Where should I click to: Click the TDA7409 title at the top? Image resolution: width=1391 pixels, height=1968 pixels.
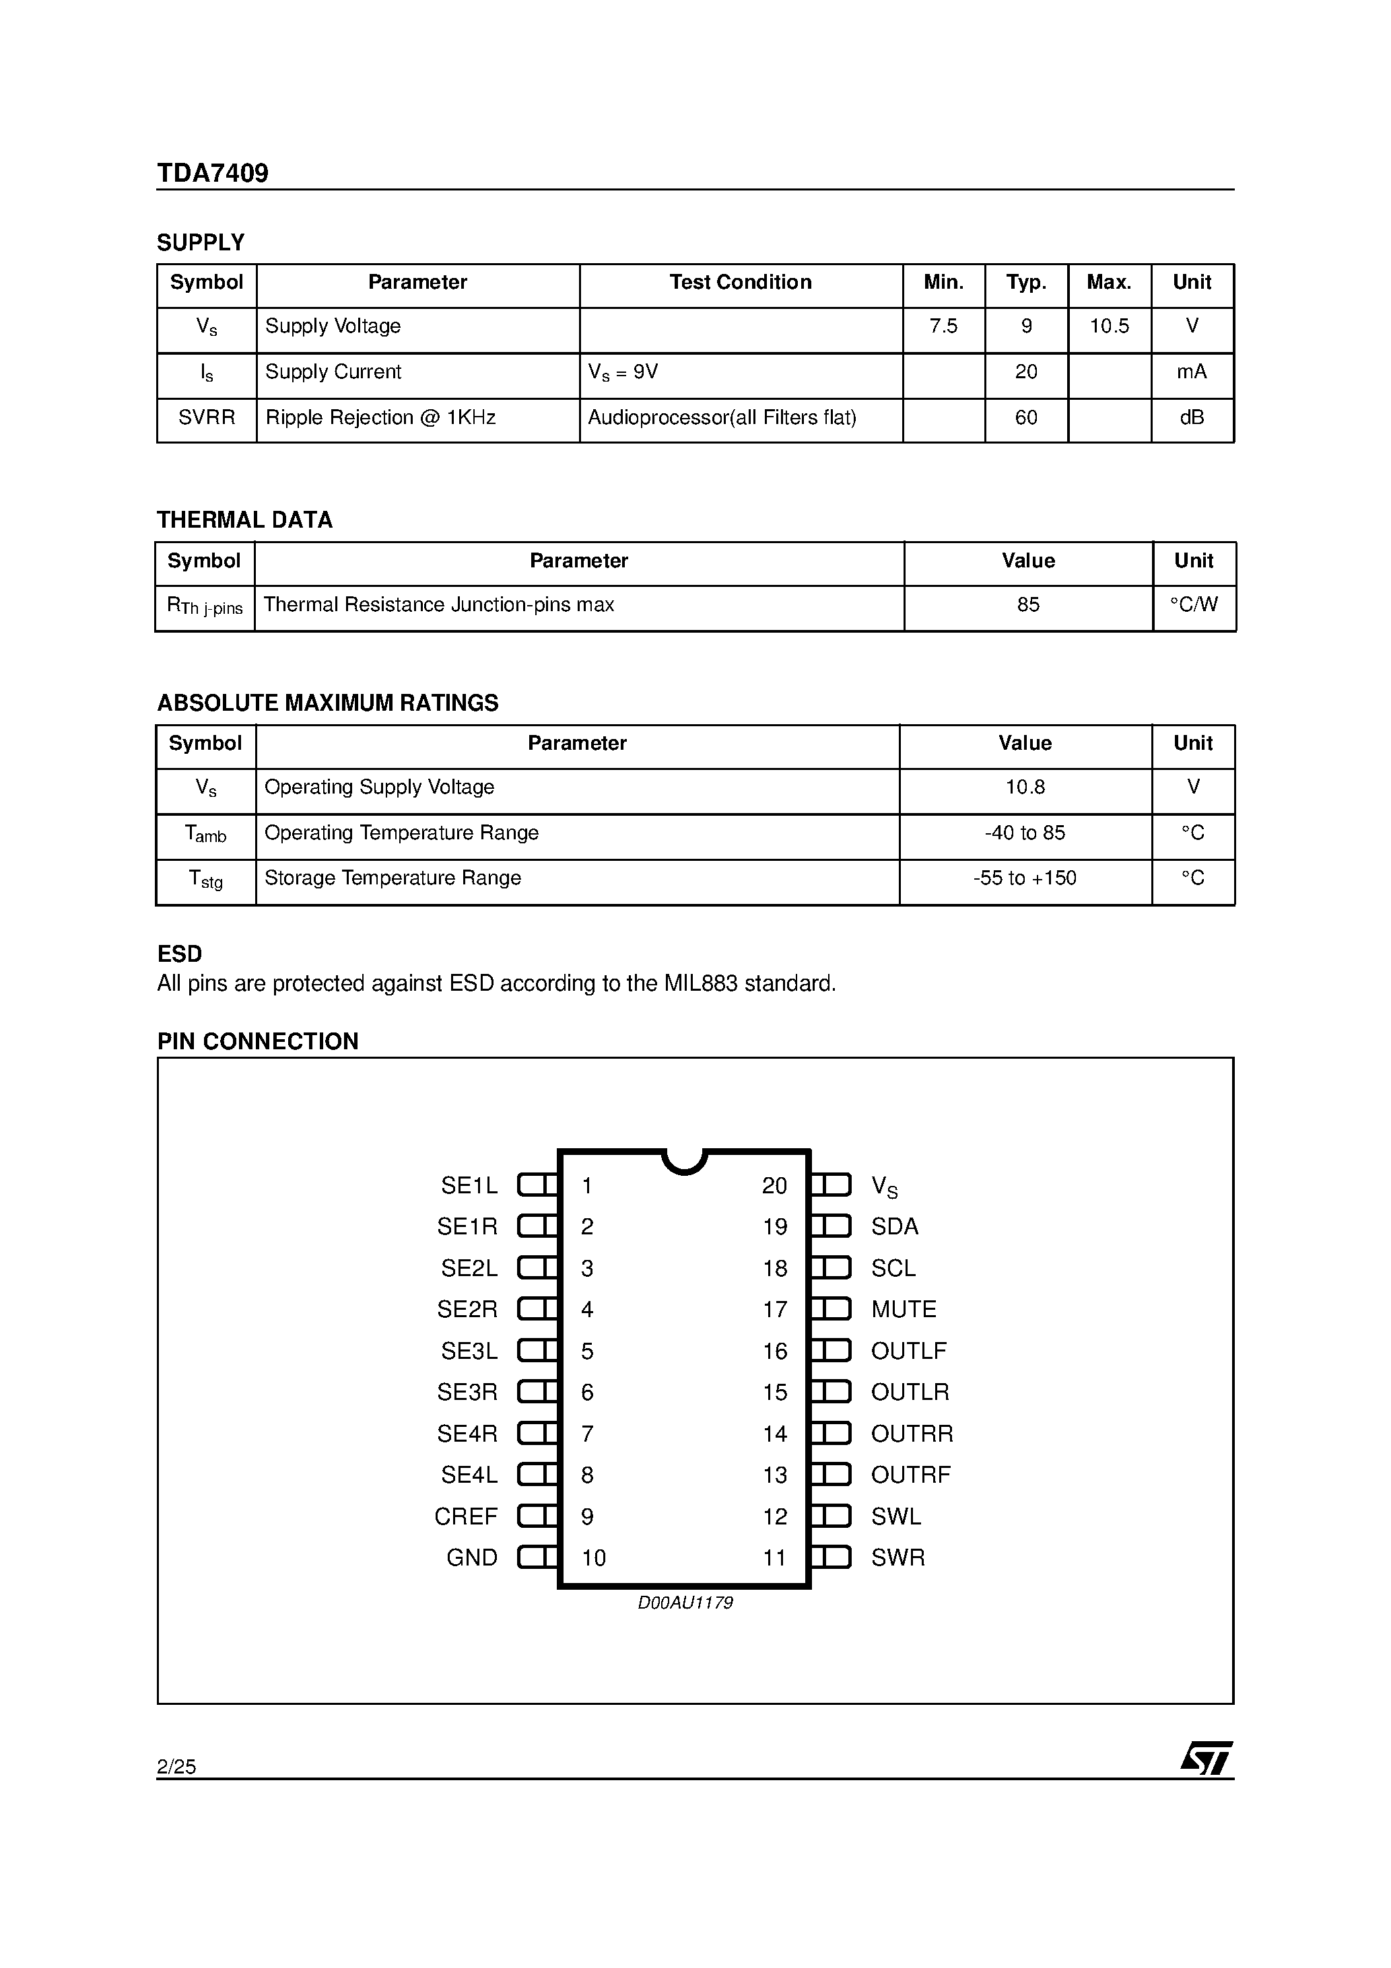pos(213,173)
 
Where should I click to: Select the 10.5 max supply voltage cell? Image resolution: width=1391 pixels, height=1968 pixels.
pos(1109,326)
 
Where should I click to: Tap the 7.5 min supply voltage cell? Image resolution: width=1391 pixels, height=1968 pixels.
pos(943,326)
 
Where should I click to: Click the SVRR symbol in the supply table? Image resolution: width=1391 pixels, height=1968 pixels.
pos(207,418)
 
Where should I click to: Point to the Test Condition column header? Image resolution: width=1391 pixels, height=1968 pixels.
pos(740,283)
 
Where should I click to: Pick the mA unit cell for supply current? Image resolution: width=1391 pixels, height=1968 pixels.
pos(1191,372)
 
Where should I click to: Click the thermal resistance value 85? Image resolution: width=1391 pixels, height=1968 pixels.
pos(1027,605)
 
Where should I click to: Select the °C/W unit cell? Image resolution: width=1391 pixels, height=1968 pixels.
pos(1193,605)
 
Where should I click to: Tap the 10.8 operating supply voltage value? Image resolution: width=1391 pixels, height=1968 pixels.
pos(1025,787)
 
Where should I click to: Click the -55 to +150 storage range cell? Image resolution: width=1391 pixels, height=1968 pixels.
pos(1025,878)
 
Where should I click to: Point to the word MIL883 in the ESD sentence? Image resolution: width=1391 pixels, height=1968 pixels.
pos(701,984)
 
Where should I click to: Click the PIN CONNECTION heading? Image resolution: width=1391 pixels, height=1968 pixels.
pos(257,1041)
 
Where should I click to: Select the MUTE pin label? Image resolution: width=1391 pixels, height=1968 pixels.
pos(903,1310)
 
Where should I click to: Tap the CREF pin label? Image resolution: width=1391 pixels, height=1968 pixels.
pos(466,1517)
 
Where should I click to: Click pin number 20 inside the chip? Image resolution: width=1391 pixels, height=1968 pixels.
pos(774,1187)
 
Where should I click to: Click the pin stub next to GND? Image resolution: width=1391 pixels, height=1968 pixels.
pos(538,1557)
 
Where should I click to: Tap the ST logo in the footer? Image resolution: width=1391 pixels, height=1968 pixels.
pos(1206,1759)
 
